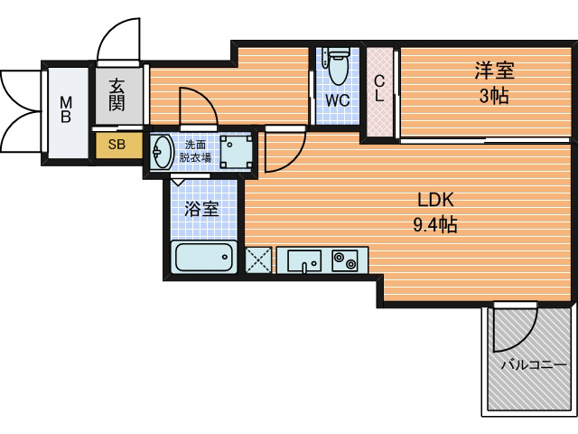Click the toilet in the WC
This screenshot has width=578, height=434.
coord(338,66)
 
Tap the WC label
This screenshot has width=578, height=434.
coord(337,100)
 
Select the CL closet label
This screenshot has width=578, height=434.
coord(379,89)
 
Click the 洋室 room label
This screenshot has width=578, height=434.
coord(494,71)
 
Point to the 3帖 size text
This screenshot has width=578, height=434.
coord(494,97)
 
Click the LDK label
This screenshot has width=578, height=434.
coord(435,200)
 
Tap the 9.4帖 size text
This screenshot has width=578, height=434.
coord(435,224)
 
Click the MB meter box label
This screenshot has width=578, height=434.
coord(66,109)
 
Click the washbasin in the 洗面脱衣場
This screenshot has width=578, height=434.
coord(162,151)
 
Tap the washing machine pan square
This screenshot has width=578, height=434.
coord(236,151)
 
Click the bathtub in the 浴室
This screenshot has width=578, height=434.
coord(204,257)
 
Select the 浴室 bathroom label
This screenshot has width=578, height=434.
coord(201,209)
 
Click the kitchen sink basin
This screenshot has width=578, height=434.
coord(304,260)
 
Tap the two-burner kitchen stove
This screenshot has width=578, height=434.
coord(345,260)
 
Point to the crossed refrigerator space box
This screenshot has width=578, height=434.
coord(258,260)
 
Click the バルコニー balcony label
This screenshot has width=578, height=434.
coord(534,365)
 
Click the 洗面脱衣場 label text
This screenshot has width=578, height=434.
coord(195,151)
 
